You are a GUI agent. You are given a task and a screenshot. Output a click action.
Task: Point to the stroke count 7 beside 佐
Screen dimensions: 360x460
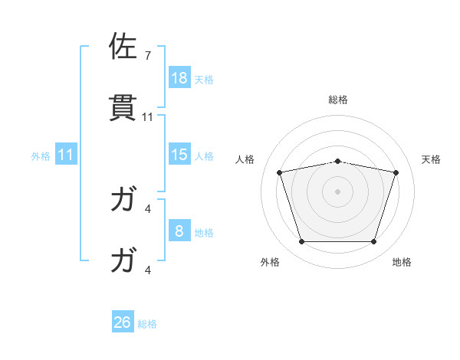[x=148, y=56]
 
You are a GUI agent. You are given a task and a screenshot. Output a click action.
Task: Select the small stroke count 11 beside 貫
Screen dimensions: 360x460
[x=148, y=116]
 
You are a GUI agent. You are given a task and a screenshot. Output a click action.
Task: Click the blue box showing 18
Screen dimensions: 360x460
[x=179, y=78]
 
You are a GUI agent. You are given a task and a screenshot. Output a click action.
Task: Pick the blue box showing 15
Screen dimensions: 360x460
[x=179, y=155]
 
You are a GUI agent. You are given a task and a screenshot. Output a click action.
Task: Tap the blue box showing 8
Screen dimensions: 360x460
[x=179, y=231]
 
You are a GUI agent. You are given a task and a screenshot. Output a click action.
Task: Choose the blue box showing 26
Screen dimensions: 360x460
[x=123, y=322]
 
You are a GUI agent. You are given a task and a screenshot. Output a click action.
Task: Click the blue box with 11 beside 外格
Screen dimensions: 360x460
[x=66, y=155]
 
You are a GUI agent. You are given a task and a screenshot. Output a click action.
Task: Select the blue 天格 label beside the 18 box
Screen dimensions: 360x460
[x=204, y=79]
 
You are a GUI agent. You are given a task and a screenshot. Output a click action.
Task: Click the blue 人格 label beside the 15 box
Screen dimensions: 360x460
[x=204, y=155]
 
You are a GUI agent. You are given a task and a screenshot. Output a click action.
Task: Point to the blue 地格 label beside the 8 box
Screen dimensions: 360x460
[x=204, y=232]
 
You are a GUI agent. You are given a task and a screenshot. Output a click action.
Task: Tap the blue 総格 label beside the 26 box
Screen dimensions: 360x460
[x=147, y=323]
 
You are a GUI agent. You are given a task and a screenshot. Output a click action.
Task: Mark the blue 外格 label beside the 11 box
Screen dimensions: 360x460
[x=41, y=155]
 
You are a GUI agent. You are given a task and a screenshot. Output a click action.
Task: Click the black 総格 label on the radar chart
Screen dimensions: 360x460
[x=338, y=100]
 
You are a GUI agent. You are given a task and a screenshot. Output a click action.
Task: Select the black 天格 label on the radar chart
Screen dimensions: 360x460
[x=431, y=159]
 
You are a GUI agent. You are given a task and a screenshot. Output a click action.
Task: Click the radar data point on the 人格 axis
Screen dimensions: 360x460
[x=280, y=172]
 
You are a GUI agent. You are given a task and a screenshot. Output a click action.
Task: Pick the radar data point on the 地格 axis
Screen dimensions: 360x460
[x=373, y=242]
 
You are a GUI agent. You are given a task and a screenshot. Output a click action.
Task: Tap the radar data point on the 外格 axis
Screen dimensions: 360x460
[x=301, y=242]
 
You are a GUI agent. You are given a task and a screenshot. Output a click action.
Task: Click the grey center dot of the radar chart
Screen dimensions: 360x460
[x=337, y=191]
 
